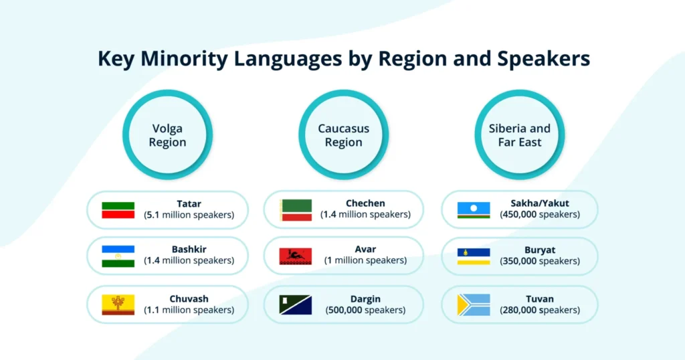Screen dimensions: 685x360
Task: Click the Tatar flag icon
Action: click(x=118, y=210)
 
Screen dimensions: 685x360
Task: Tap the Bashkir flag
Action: click(x=118, y=256)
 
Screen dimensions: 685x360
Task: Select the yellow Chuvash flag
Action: click(x=118, y=305)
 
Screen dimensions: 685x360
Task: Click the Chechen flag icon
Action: click(x=296, y=210)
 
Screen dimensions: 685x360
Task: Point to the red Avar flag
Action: click(x=296, y=256)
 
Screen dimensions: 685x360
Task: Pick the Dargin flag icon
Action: click(x=296, y=305)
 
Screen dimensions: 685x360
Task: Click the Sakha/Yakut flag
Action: click(x=474, y=210)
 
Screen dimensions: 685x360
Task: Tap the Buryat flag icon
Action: click(x=474, y=256)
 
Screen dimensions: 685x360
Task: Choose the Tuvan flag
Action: click(x=474, y=305)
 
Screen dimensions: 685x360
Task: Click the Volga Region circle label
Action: click(x=167, y=135)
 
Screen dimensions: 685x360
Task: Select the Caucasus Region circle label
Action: click(x=343, y=135)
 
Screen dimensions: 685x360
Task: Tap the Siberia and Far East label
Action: click(x=519, y=135)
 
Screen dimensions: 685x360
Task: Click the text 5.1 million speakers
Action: click(x=189, y=215)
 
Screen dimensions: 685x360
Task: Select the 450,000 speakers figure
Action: click(x=540, y=215)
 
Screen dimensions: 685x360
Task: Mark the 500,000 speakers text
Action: click(x=365, y=310)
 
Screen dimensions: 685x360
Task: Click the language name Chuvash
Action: click(x=189, y=299)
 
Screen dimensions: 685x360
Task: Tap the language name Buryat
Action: click(x=540, y=250)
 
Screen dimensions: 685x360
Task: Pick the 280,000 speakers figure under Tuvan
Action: click(x=540, y=310)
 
